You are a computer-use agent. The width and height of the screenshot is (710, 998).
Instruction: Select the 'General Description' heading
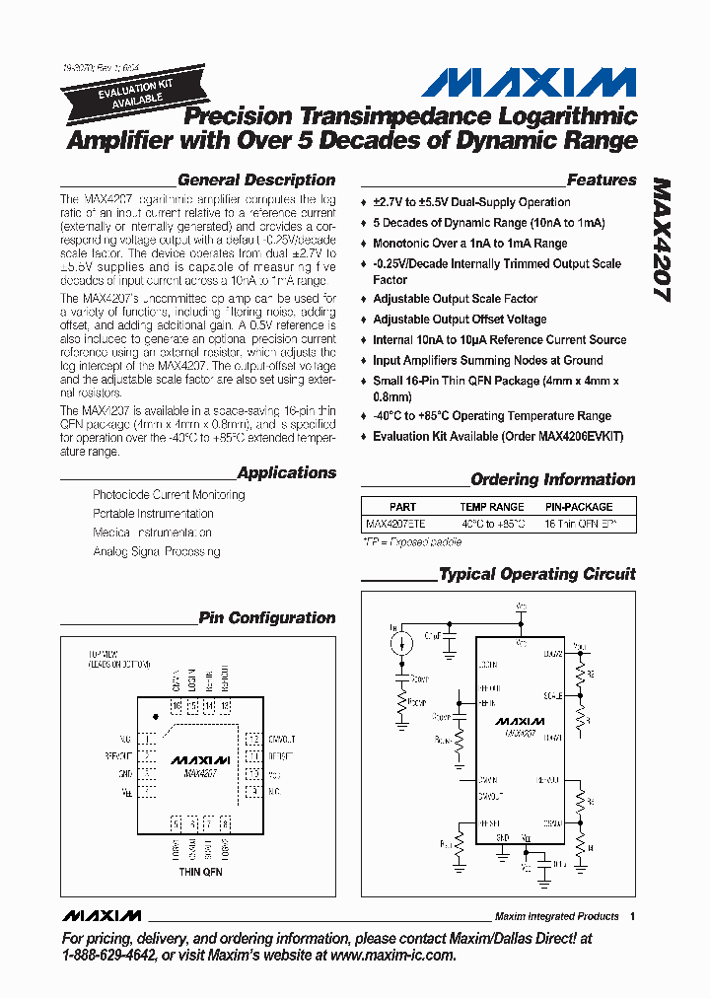[x=256, y=180]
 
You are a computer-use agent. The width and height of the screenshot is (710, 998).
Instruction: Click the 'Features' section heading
[x=602, y=180]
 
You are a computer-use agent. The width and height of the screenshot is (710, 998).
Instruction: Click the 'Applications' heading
[x=286, y=472]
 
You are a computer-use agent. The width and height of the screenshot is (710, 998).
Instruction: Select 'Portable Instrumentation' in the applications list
[x=153, y=514]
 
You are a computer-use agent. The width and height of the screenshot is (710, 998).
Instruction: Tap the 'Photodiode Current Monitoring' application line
[x=169, y=495]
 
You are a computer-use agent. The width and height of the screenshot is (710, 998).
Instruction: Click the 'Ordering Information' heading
[x=552, y=480]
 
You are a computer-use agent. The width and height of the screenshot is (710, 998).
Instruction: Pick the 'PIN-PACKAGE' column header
[x=579, y=507]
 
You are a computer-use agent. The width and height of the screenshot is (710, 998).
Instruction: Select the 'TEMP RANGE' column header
[x=492, y=507]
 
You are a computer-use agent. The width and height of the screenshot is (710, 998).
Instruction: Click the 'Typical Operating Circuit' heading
[x=537, y=574]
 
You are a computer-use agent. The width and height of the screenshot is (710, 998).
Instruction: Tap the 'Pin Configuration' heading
[x=267, y=618]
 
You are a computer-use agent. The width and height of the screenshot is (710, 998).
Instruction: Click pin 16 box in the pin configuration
[x=177, y=706]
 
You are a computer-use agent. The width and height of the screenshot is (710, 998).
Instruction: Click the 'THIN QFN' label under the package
[x=200, y=872]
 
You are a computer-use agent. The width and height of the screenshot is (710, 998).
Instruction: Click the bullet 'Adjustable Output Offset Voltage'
[x=460, y=320]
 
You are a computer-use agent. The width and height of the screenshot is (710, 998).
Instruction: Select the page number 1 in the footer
[x=632, y=916]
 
